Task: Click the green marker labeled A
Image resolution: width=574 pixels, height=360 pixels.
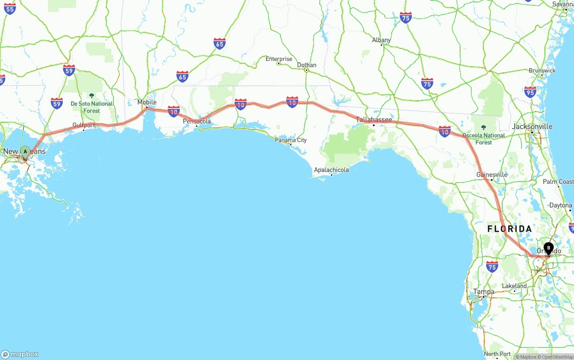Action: click(x=25, y=152)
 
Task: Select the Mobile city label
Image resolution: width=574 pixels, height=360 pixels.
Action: click(x=147, y=102)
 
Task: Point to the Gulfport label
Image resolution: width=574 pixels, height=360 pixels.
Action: click(x=84, y=125)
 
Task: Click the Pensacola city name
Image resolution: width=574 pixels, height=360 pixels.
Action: click(x=196, y=121)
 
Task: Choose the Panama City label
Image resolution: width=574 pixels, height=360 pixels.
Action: click(x=291, y=140)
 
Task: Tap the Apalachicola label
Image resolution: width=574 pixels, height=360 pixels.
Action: click(x=331, y=170)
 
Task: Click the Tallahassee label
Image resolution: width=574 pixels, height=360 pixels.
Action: click(x=374, y=120)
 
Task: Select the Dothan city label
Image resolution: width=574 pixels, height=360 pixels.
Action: click(x=307, y=65)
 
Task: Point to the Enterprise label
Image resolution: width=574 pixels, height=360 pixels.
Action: click(x=278, y=59)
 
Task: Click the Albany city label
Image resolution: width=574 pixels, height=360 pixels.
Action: click(x=381, y=40)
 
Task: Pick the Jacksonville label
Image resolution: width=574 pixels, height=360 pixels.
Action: click(x=532, y=126)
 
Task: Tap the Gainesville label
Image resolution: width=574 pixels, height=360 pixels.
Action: click(x=492, y=174)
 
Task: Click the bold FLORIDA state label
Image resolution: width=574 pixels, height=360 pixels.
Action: click(x=509, y=229)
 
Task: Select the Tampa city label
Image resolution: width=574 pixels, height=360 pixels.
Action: click(x=484, y=291)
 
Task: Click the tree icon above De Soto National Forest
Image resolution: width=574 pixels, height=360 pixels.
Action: click(x=91, y=95)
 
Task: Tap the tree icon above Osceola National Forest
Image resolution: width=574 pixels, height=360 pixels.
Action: click(x=483, y=128)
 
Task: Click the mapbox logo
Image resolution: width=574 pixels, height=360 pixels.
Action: click(x=20, y=354)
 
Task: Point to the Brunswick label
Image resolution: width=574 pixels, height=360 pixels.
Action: click(x=542, y=70)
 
